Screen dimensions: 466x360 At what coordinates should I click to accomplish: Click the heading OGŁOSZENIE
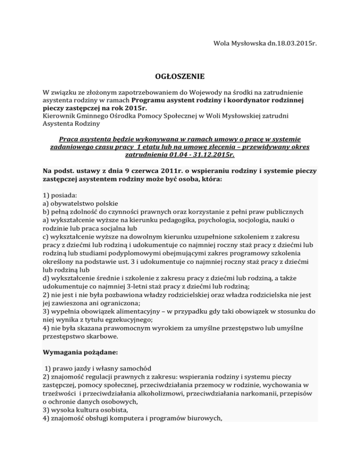(180, 75)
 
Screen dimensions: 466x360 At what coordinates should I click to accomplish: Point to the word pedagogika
(164, 220)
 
